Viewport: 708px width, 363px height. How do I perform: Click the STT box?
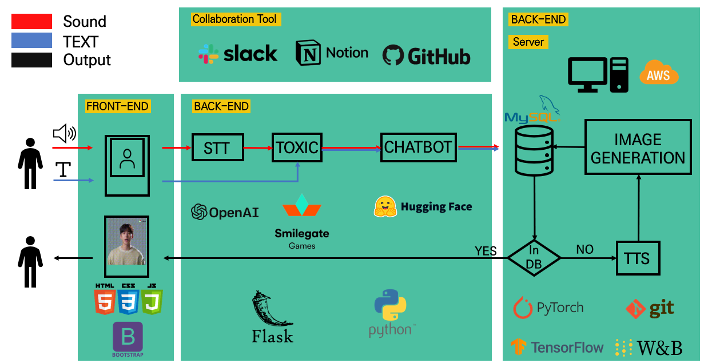pos(217,147)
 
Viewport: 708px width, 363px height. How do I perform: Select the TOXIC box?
pos(297,147)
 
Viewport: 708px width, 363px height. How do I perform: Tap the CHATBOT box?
pos(418,147)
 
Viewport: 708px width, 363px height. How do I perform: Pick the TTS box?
pos(637,258)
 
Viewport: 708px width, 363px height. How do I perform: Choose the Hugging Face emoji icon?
pos(385,207)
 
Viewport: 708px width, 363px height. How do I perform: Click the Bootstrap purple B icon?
pos(128,337)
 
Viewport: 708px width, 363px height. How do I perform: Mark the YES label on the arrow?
pos(485,250)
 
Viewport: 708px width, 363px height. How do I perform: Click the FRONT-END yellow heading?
pos(117,106)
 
